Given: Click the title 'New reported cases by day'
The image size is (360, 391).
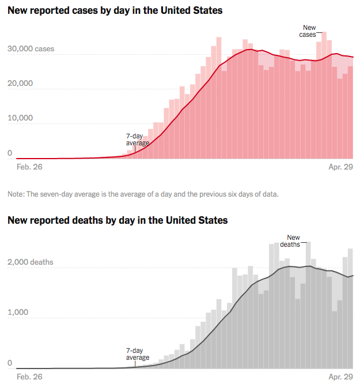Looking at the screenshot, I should point(115,11).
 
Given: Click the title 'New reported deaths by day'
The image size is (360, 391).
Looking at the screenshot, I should point(118,220).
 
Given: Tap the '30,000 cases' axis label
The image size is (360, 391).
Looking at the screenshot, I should point(31,49).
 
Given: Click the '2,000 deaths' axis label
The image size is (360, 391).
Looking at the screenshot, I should point(31,262).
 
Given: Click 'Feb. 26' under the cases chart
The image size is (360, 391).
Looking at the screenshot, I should point(29,167).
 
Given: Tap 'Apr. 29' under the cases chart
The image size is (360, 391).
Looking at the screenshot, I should point(340,167).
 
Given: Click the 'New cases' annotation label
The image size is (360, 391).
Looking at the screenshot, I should point(309,31).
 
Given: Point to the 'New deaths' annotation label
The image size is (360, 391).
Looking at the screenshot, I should point(291,240).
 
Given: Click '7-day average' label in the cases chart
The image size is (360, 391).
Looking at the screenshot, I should point(138,140).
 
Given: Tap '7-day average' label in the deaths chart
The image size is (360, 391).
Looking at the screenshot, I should point(138,354).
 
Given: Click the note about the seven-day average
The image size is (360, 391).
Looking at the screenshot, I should point(143,194).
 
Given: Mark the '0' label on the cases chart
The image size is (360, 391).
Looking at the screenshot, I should point(10,153).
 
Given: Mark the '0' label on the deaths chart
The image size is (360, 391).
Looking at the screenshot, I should point(10,363).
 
